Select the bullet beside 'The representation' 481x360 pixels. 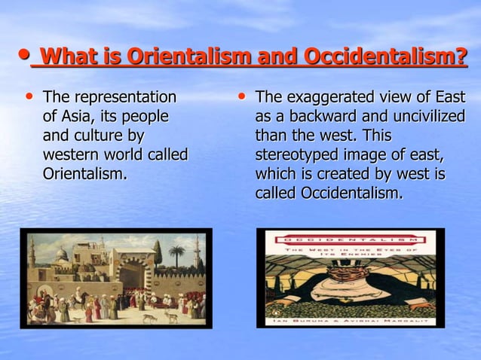tap(29, 98)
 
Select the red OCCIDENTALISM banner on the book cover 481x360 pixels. tap(350, 239)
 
